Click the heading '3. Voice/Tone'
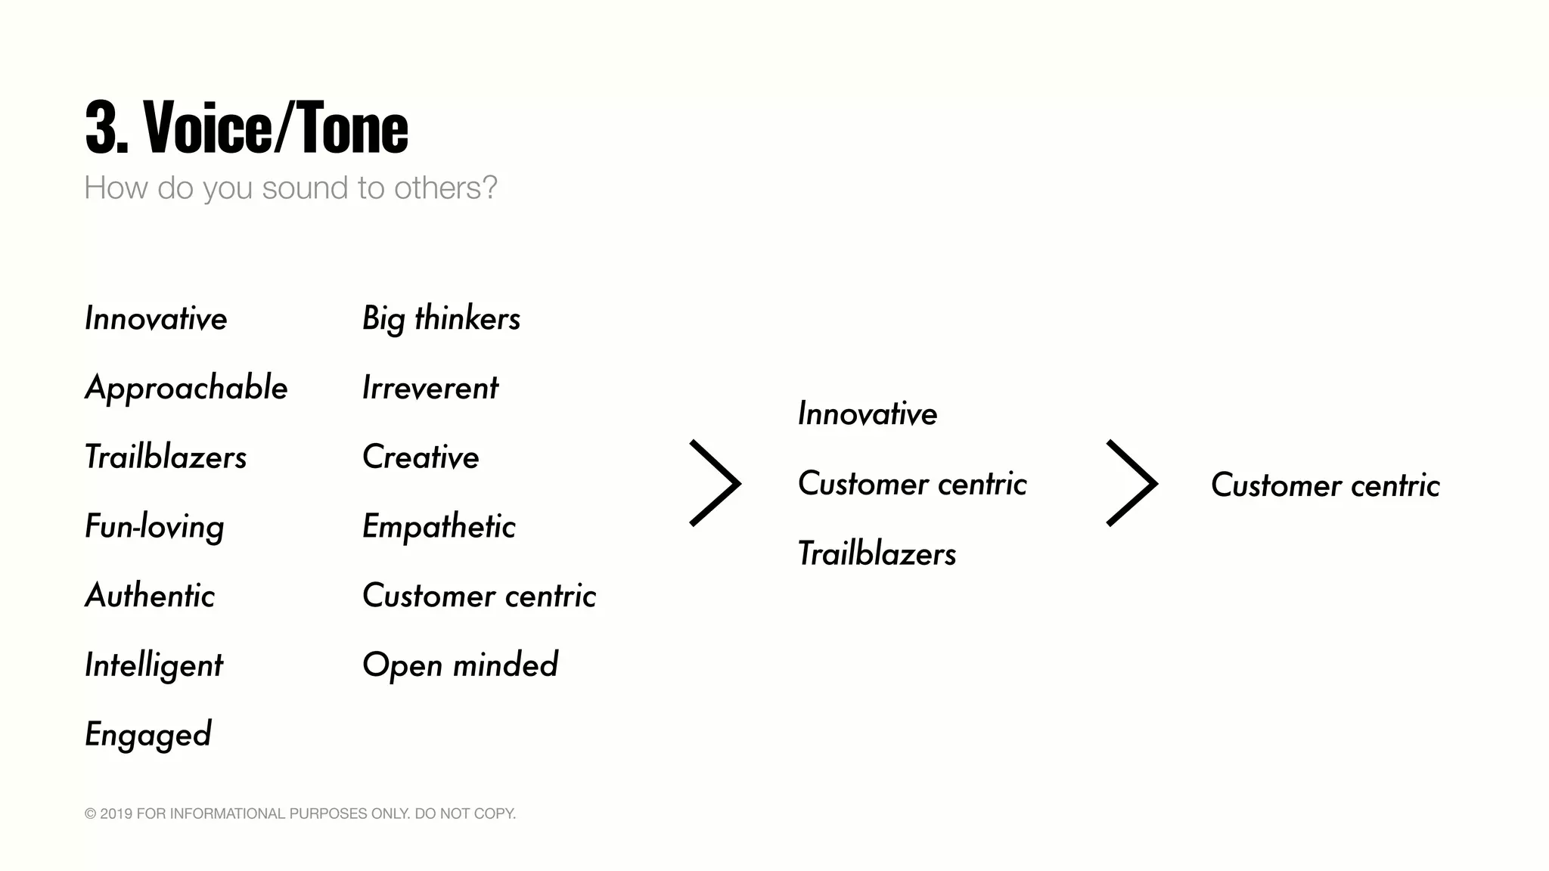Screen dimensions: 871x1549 [x=247, y=128]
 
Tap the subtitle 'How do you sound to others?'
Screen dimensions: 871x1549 [x=290, y=188]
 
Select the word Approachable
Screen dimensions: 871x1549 [x=186, y=389]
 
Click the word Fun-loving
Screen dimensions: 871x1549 [x=154, y=527]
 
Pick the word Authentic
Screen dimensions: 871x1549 [x=150, y=596]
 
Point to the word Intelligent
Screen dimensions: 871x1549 [x=154, y=665]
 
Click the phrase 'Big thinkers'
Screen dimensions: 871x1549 [x=441, y=319]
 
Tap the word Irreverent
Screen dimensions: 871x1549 [x=430, y=389]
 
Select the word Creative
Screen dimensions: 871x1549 [x=421, y=457]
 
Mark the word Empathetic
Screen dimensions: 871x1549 [x=439, y=527]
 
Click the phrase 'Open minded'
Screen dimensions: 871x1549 [x=460, y=665]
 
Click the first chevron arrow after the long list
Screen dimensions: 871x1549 [x=716, y=483]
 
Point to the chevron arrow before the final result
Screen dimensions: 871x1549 [x=1132, y=483]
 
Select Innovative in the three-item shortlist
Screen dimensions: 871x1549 [x=868, y=414]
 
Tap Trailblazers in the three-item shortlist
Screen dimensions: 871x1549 [x=877, y=554]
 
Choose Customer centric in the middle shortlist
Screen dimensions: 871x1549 [x=912, y=484]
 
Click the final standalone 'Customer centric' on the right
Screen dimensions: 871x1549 [x=1325, y=485]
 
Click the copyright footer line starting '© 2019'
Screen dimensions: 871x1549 [x=300, y=814]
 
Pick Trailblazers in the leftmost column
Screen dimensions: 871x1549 [x=166, y=457]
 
